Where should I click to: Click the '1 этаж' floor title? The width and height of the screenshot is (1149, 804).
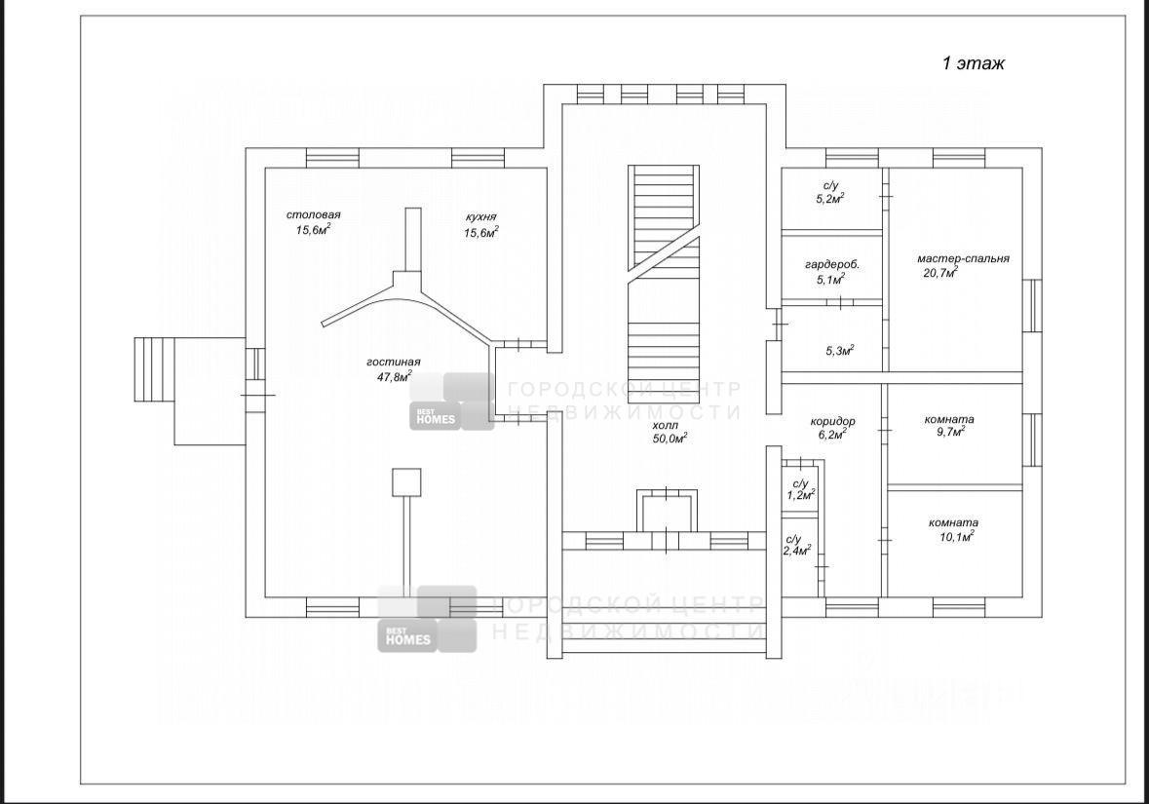click(974, 63)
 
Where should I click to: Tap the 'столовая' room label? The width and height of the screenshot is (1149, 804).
click(313, 214)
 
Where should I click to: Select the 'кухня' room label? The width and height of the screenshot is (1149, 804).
click(480, 217)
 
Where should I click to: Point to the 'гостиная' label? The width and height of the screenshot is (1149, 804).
click(394, 362)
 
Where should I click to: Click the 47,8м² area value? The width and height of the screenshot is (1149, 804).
click(394, 377)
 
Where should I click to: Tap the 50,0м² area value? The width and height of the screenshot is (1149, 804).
click(670, 439)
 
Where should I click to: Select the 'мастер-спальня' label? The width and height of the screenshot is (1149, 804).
click(963, 258)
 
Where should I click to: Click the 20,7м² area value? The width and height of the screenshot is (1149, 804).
click(940, 273)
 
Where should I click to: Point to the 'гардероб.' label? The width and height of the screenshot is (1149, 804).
click(831, 264)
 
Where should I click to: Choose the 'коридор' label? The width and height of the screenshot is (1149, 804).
click(832, 421)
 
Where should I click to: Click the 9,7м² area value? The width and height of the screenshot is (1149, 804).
click(949, 433)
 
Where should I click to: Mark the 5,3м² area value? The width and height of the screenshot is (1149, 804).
click(840, 350)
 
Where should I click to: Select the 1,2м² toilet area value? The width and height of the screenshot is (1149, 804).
click(801, 495)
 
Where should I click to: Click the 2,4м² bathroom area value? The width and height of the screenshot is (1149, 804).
click(797, 551)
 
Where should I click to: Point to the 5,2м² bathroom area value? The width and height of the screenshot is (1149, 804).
click(830, 199)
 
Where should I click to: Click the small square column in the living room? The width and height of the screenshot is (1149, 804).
click(406, 482)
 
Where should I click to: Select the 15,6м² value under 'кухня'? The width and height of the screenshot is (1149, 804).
click(480, 232)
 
